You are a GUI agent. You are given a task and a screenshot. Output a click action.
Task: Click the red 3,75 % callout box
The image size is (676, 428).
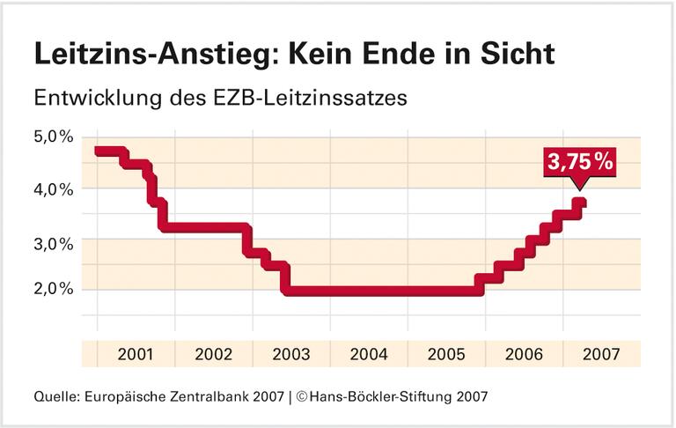click(579, 162)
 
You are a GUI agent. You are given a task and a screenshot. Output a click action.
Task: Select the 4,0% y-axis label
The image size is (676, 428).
click(53, 188)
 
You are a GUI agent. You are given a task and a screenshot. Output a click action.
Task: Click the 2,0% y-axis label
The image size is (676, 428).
click(53, 290)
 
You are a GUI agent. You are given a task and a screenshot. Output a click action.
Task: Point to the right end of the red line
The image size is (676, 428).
click(582, 203)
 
